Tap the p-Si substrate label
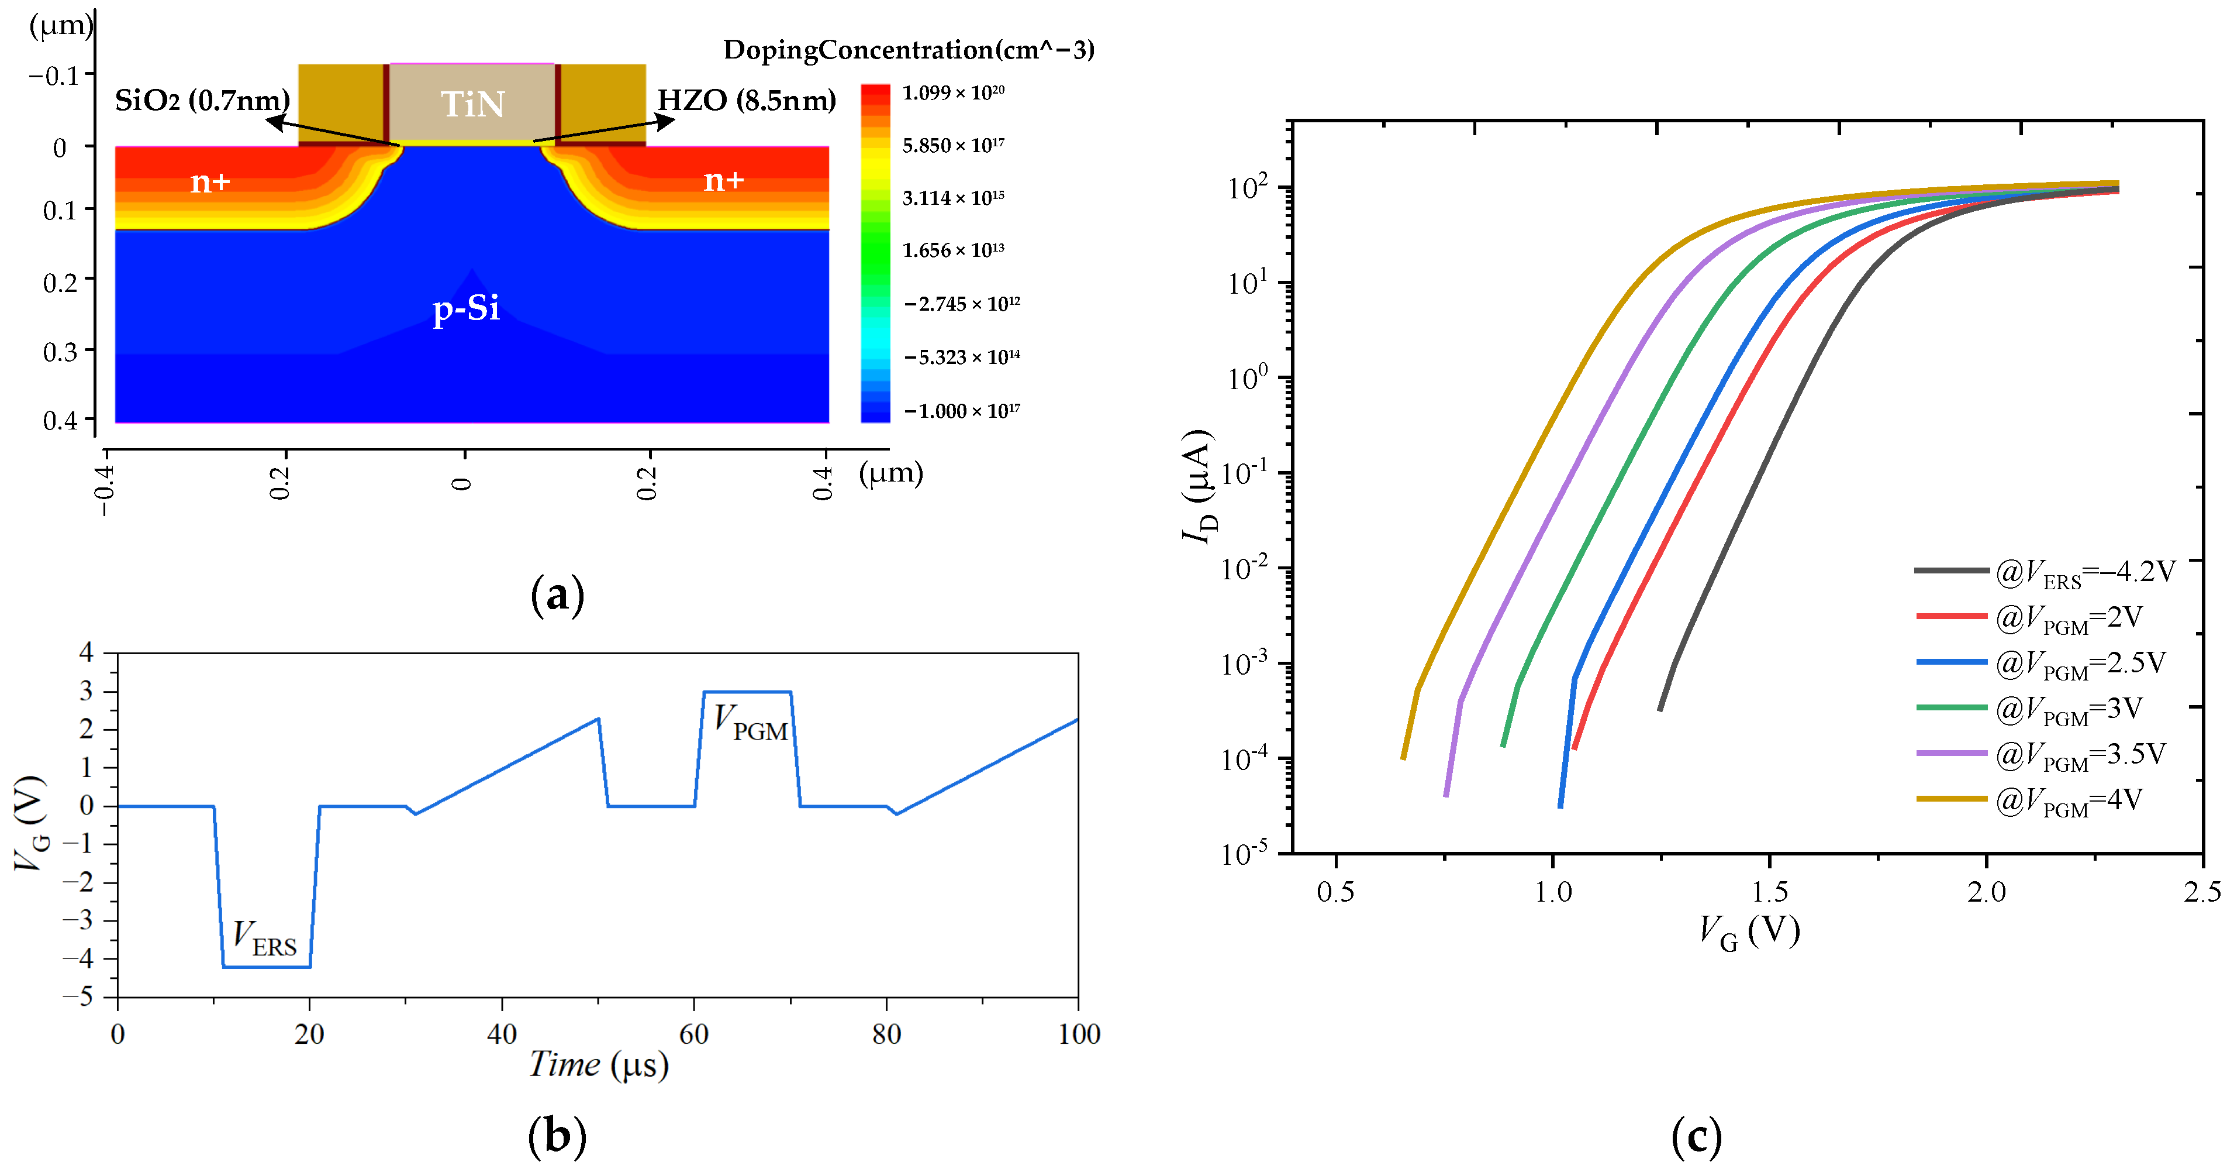pos(466,307)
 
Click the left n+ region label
pos(210,181)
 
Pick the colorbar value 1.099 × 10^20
pos(952,92)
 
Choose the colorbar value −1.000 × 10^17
pos(961,411)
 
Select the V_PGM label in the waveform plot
pos(750,722)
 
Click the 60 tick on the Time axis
pos(693,1033)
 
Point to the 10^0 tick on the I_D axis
pos(1247,377)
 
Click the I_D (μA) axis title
pos(1200,484)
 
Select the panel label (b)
pos(557,1136)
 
